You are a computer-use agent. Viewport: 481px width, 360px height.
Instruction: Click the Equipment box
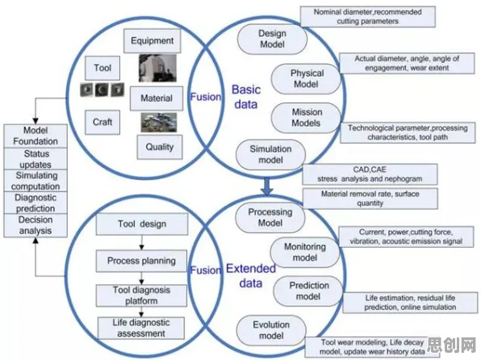click(153, 41)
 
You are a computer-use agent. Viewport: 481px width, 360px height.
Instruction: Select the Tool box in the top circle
click(102, 68)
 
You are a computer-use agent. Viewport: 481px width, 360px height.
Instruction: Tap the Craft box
click(102, 122)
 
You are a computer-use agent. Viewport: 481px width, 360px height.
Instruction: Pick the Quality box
click(160, 147)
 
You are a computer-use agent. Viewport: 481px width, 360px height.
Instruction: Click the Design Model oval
click(272, 40)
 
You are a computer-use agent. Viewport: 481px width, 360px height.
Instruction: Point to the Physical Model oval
click(306, 79)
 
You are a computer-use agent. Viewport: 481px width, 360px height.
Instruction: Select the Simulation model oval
click(270, 155)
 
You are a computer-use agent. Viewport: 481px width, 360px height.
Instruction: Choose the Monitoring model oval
click(305, 253)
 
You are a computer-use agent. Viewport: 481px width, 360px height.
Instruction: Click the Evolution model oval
click(271, 330)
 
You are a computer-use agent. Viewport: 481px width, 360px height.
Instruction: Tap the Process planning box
click(141, 261)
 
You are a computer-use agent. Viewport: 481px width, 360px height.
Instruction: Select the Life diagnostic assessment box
click(141, 328)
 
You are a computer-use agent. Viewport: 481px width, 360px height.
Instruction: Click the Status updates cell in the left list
click(36, 159)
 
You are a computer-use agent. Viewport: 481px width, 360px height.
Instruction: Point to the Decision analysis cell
click(36, 225)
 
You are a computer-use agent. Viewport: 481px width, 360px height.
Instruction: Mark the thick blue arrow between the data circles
click(267, 186)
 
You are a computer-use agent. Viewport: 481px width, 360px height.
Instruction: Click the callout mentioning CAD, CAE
click(370, 174)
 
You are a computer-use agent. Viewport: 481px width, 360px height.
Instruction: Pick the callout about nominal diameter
click(368, 17)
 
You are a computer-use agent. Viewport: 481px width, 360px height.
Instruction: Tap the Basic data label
click(246, 97)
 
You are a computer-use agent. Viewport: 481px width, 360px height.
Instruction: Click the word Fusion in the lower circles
click(206, 270)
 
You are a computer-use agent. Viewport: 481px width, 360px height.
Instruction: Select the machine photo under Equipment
click(157, 68)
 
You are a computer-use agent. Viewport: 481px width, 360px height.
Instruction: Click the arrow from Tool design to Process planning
click(141, 243)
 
